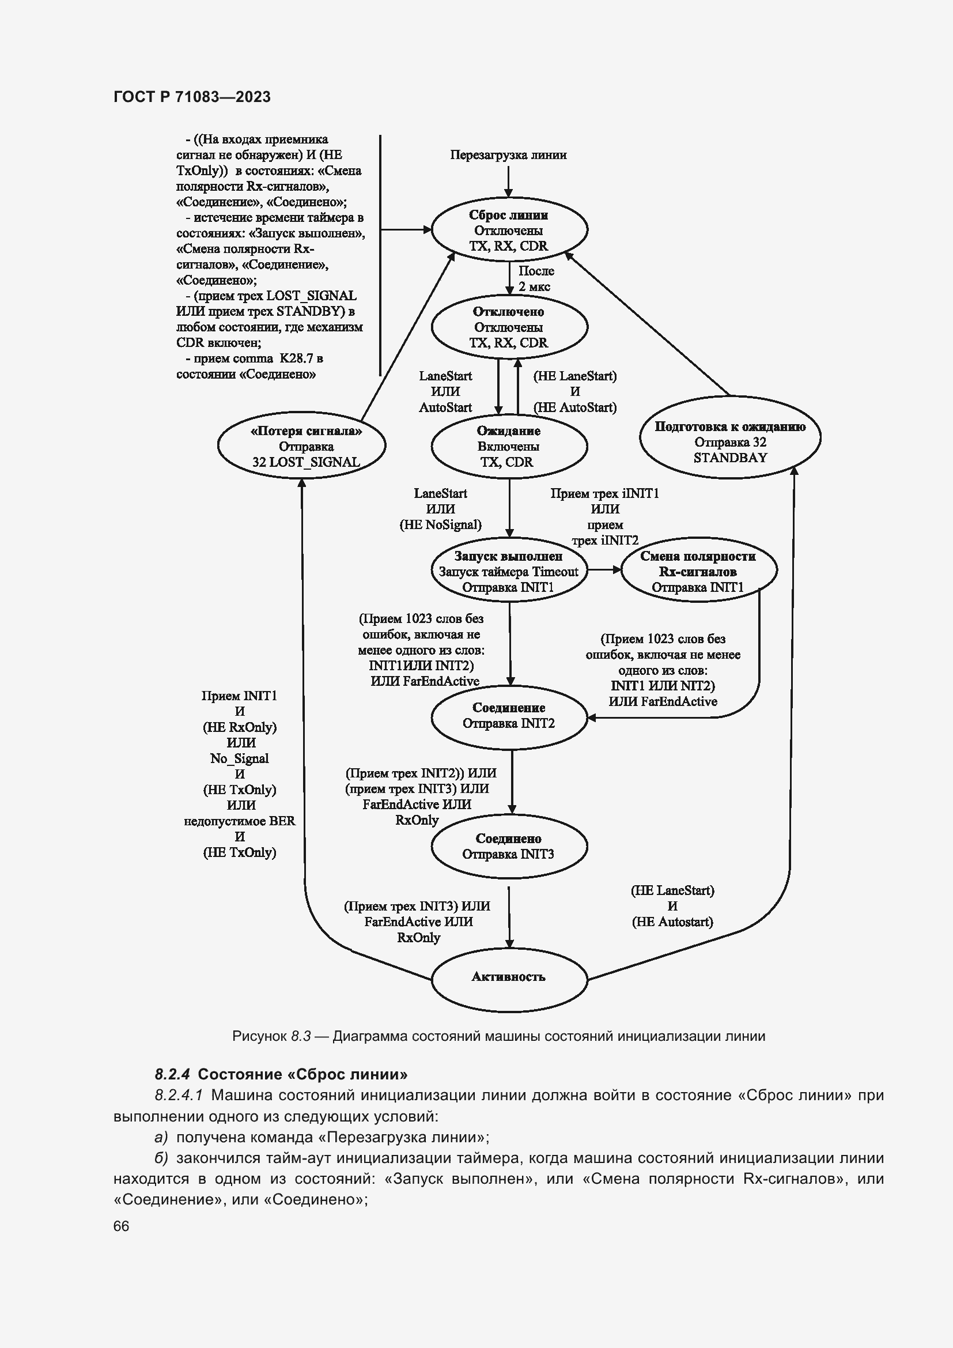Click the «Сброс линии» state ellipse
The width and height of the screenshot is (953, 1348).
(509, 230)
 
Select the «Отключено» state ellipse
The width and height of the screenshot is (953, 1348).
(509, 327)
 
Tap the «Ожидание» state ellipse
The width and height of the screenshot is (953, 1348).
(509, 446)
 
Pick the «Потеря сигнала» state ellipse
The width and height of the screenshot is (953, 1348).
(301, 445)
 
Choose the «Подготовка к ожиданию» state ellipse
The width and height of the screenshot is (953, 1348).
(730, 437)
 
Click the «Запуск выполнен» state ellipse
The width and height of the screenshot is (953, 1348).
(509, 571)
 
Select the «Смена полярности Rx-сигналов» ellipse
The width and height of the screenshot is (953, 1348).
(698, 571)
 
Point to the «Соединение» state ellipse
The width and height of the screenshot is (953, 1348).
(509, 716)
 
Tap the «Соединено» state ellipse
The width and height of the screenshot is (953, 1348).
(509, 847)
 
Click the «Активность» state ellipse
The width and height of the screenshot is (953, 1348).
(509, 977)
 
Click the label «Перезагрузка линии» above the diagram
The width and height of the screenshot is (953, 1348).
(508, 155)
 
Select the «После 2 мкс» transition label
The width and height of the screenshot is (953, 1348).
(535, 279)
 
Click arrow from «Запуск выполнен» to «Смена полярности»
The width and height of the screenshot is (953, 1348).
(604, 569)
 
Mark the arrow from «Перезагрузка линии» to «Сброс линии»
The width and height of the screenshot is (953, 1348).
(509, 182)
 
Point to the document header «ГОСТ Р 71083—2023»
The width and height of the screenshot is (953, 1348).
(192, 97)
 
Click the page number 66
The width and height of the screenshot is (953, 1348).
(121, 1226)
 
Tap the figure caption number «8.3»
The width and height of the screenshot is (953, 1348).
(300, 1036)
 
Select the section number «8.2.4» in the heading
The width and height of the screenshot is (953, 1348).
(172, 1074)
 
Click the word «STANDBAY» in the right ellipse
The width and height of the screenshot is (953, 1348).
(730, 458)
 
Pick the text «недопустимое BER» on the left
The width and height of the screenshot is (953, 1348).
(240, 821)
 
